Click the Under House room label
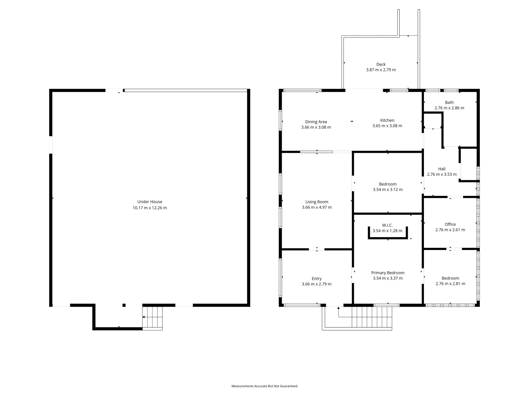(x=150, y=201)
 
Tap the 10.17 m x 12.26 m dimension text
(x=150, y=208)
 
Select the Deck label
(x=381, y=64)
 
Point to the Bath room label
(x=449, y=103)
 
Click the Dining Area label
(x=316, y=122)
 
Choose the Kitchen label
(x=387, y=120)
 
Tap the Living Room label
(x=317, y=202)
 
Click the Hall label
(x=442, y=169)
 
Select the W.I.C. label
(x=388, y=225)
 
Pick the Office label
(x=450, y=224)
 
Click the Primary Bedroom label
(x=388, y=273)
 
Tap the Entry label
(x=316, y=279)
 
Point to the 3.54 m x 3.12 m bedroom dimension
(x=388, y=190)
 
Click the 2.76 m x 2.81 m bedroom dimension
(x=450, y=284)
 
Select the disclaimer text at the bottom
(x=264, y=386)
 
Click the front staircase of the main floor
(x=372, y=316)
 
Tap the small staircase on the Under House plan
(x=152, y=318)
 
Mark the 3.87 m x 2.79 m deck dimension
(x=381, y=70)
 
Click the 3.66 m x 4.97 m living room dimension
(x=317, y=207)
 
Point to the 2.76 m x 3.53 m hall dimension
(x=442, y=174)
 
